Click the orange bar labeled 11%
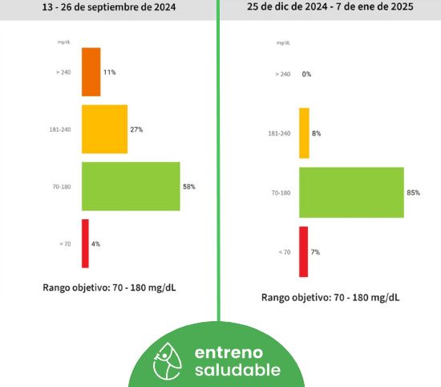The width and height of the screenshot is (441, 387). (91, 72)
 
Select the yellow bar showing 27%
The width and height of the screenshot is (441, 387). (104, 129)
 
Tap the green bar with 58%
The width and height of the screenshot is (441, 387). (131, 186)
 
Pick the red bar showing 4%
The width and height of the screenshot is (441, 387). (85, 243)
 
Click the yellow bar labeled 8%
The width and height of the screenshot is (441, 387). (304, 133)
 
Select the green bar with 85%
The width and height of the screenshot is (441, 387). (351, 193)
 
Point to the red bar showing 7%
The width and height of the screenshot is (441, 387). (303, 252)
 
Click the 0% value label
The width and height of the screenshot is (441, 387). (306, 74)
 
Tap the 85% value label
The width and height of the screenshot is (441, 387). (414, 193)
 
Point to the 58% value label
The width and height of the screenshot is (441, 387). (189, 186)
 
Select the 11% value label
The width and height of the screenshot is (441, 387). (109, 72)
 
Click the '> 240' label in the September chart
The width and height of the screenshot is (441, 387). (63, 72)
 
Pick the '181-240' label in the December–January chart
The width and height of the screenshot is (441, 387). (279, 133)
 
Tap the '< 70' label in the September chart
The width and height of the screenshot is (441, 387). (65, 244)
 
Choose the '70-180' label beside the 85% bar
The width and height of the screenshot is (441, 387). (281, 193)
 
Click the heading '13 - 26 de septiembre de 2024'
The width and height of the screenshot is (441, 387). (109, 7)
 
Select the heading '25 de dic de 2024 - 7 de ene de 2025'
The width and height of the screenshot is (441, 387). (330, 6)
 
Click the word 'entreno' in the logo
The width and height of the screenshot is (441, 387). (229, 352)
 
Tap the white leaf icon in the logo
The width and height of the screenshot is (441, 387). (168, 361)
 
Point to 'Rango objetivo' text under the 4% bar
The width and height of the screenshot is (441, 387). (76, 288)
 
